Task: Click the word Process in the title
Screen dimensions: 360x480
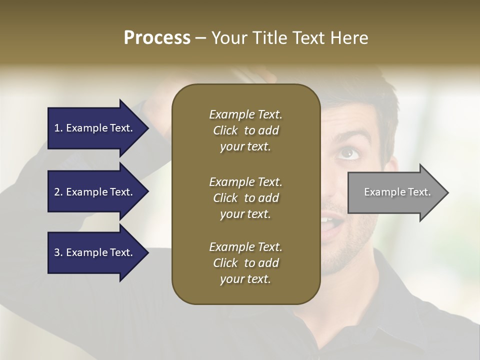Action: pos(157,38)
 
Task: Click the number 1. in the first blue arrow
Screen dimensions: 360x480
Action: pos(58,128)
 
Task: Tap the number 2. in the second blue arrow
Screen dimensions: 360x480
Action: pos(58,192)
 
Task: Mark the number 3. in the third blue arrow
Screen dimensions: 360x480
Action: pos(58,252)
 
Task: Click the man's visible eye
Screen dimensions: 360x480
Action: pos(348,153)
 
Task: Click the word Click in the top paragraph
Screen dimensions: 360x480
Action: pos(225,130)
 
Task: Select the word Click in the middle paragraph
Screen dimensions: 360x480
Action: pos(225,198)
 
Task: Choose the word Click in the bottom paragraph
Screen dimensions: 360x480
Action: pos(225,263)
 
